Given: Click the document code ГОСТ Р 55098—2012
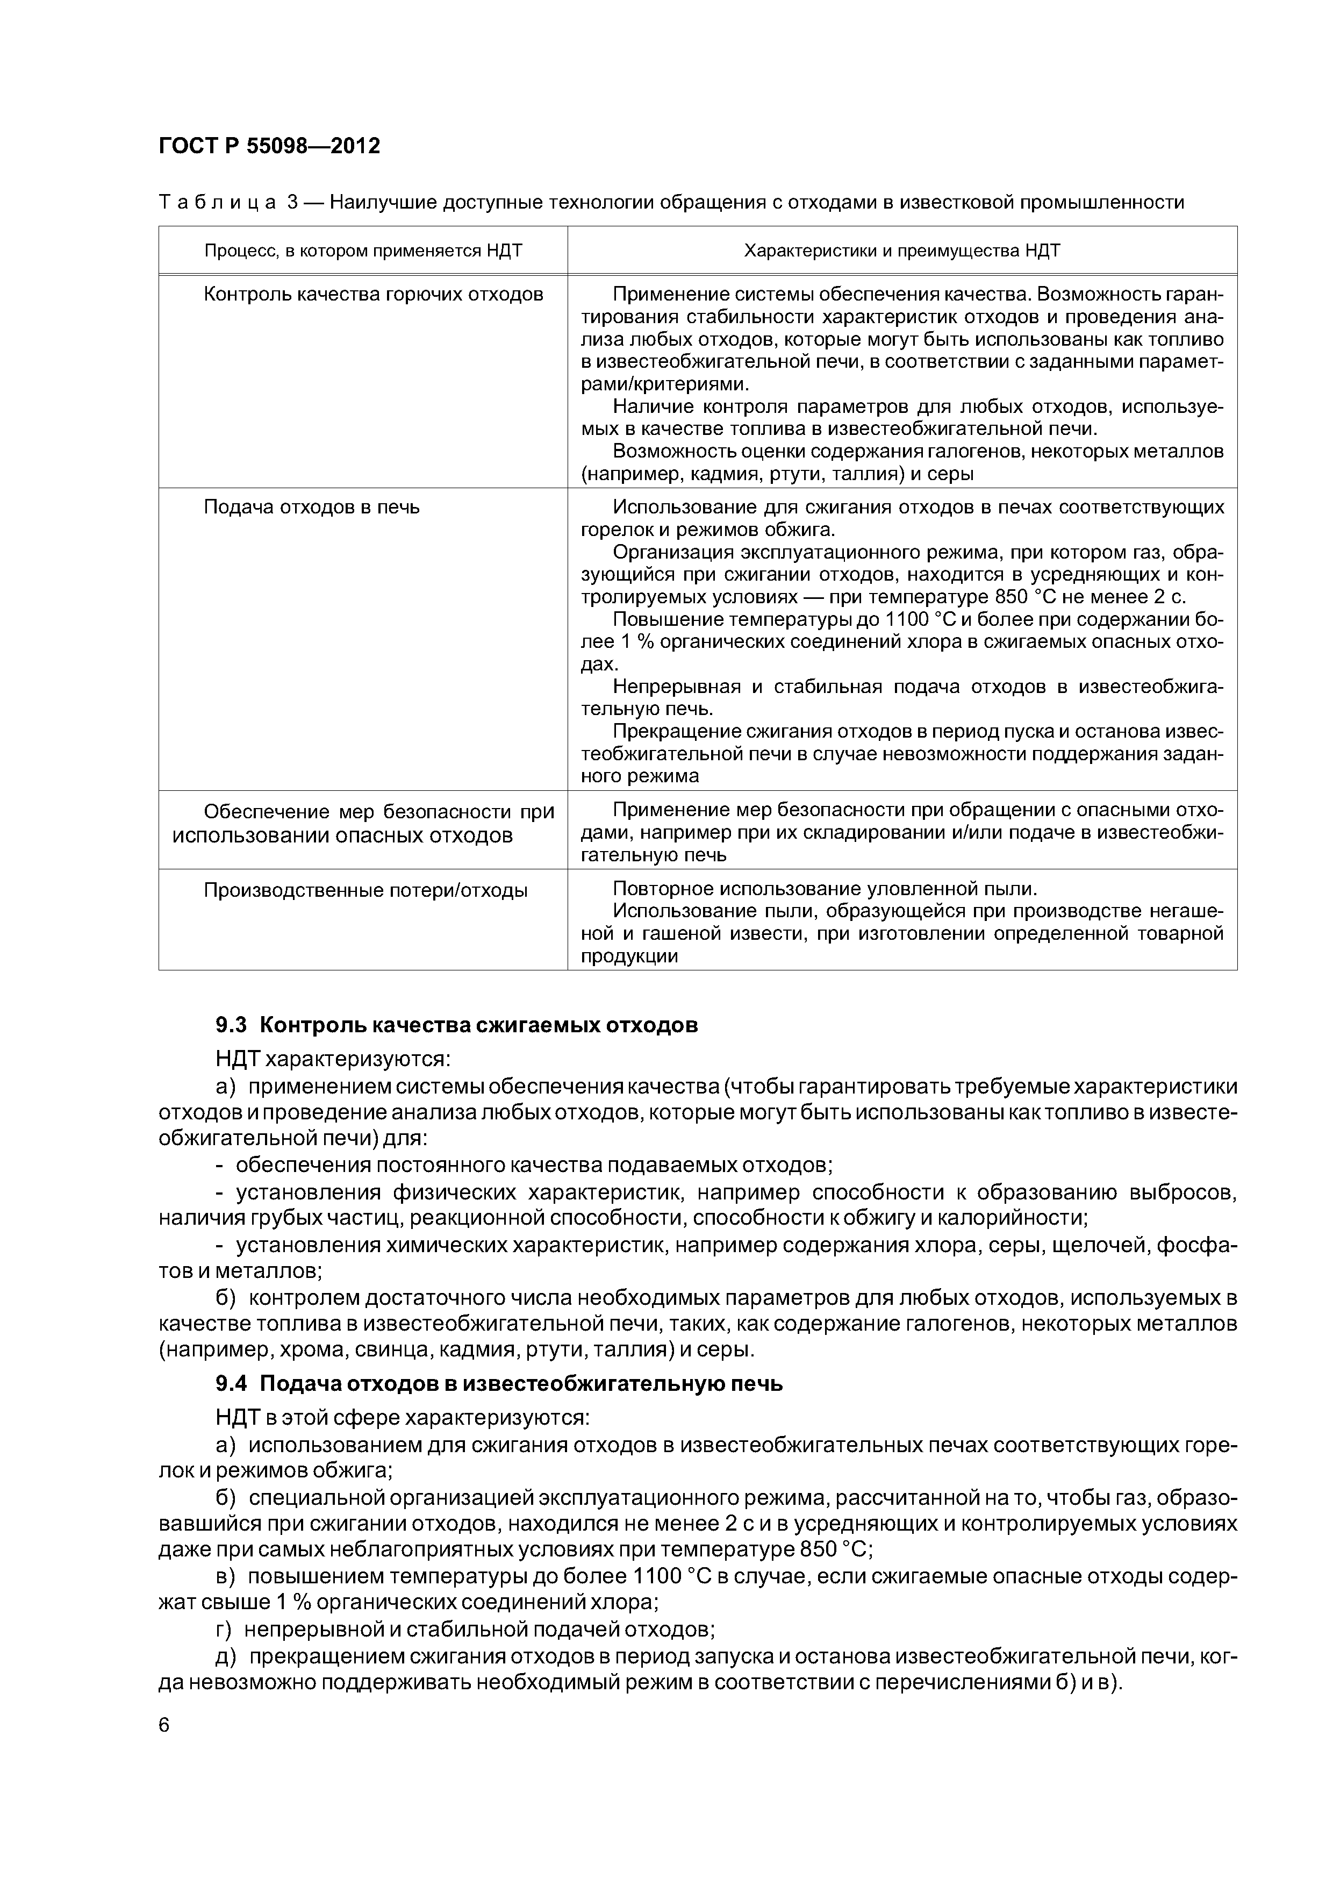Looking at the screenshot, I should coord(269,146).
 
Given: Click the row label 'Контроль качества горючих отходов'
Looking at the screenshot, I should coord(373,294).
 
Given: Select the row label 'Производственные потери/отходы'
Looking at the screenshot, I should coord(365,890).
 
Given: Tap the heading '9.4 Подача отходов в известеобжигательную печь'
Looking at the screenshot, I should coord(499,1384).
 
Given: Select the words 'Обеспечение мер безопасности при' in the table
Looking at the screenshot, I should coord(378,812).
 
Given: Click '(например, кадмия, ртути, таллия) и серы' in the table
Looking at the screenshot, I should coord(777,474).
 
